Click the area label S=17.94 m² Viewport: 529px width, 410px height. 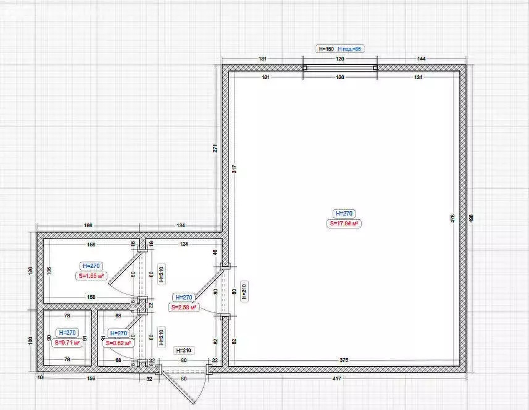[x=344, y=224]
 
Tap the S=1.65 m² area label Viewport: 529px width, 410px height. [x=91, y=277]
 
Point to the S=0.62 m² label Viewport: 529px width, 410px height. [x=119, y=343]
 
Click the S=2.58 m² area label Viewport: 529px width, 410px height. [x=184, y=307]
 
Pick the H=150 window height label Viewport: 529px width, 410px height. [x=325, y=48]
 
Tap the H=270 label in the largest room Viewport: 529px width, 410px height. [x=344, y=213]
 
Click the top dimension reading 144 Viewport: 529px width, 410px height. [x=422, y=58]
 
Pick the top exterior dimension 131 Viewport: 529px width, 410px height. [x=262, y=58]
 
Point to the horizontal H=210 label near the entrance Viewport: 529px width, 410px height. [x=184, y=350]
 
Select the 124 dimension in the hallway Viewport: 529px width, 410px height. [x=183, y=245]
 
